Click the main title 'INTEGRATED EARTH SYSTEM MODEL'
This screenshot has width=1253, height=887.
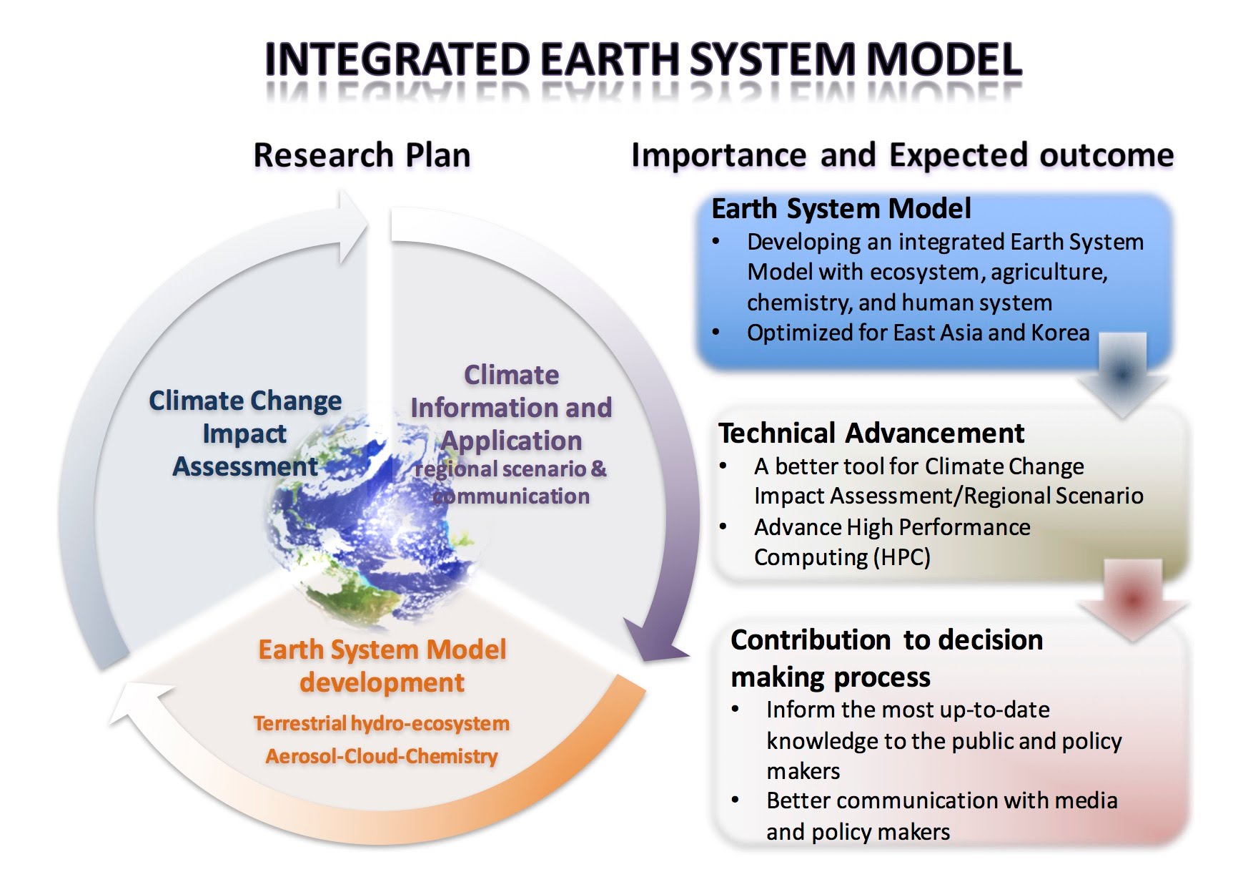click(x=643, y=59)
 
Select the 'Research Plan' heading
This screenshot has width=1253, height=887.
click(x=362, y=155)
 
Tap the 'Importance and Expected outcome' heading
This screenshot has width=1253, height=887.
click(x=902, y=155)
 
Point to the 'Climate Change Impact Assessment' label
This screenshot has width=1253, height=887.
click(x=245, y=433)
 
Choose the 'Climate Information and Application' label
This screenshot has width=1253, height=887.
click(x=511, y=408)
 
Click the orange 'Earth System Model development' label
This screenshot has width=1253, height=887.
click(x=382, y=666)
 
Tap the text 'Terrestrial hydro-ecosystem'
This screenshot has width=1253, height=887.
click(x=382, y=723)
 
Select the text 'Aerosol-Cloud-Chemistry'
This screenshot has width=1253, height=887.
click(x=382, y=756)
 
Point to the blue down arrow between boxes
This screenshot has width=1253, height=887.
click(x=1121, y=376)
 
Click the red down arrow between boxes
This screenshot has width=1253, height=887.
click(x=1133, y=600)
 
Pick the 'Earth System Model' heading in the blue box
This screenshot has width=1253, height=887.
click(x=841, y=209)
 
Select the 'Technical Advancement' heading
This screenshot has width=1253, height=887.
click(x=871, y=433)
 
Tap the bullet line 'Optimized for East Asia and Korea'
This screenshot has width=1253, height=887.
click(x=918, y=333)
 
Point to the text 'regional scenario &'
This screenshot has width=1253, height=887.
click(x=510, y=469)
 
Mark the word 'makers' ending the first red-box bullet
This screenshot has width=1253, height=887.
click(x=803, y=771)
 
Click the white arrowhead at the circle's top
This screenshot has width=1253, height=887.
click(x=352, y=225)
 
